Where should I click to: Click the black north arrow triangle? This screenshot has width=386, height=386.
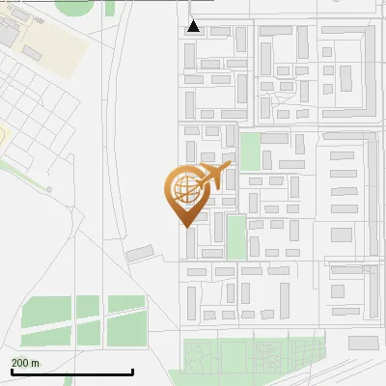point(194,26)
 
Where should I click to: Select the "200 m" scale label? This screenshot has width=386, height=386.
point(25,363)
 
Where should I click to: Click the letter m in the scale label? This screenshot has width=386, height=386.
point(35,363)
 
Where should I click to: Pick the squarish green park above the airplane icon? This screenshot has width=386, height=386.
point(251,152)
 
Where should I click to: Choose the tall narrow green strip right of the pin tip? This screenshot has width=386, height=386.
point(236,237)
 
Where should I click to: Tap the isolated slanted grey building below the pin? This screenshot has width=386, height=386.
point(141,253)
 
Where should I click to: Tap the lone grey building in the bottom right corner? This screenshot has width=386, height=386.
point(363,343)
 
